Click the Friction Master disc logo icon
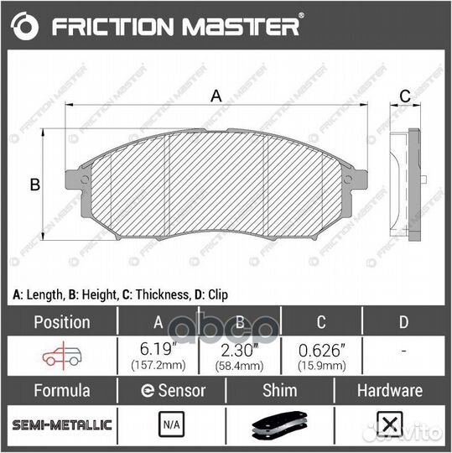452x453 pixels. [24, 26]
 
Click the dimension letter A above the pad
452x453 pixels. [216, 96]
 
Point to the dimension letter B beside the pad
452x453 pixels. [35, 185]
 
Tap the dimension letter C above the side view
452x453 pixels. [405, 96]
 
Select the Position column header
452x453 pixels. [62, 322]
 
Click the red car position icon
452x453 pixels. [62, 356]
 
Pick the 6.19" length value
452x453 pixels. [158, 349]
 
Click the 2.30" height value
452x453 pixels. [240, 350]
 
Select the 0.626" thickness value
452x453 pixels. [322, 351]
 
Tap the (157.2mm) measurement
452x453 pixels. [158, 366]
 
